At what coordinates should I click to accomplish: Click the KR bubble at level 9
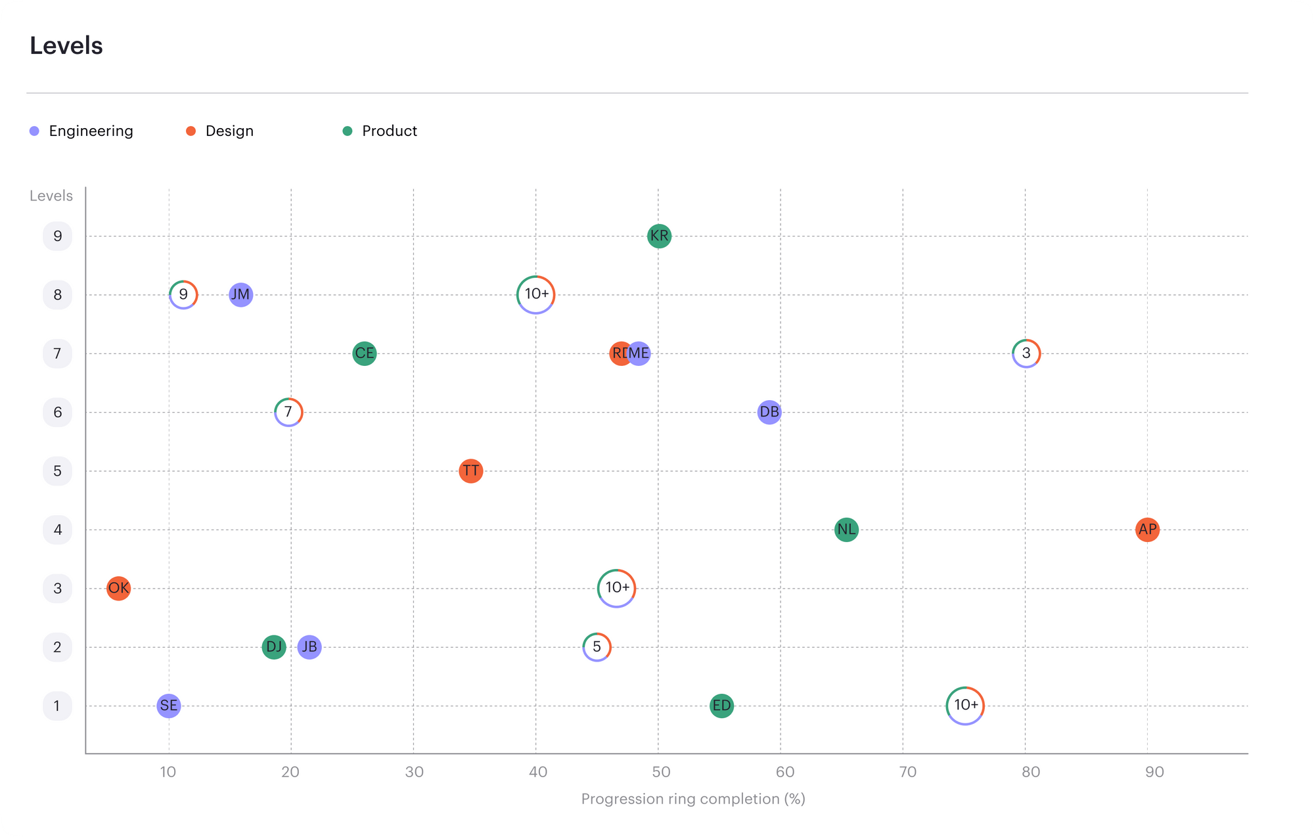coord(659,236)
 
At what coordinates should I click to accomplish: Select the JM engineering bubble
coord(240,294)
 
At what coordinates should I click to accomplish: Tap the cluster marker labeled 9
coord(183,294)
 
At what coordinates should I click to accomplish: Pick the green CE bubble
coord(364,353)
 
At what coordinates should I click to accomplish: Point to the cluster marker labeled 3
coord(1026,353)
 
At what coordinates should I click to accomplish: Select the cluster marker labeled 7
coord(288,412)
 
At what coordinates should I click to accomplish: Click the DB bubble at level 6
coord(769,412)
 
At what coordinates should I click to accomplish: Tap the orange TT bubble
coord(470,470)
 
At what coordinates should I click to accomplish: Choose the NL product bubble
coord(846,530)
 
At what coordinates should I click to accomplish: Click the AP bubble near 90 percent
coord(1147,530)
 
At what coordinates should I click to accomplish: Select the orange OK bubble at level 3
coord(118,588)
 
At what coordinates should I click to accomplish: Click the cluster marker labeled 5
coord(597,647)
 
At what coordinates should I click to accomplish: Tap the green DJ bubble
coord(273,647)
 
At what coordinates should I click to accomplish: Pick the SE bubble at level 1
coord(169,706)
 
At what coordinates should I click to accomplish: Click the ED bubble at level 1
coord(721,706)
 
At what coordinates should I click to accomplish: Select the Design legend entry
coord(229,131)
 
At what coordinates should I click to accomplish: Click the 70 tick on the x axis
coord(907,772)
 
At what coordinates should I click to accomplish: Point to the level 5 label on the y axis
coord(57,471)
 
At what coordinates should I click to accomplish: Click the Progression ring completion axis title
coord(693,799)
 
